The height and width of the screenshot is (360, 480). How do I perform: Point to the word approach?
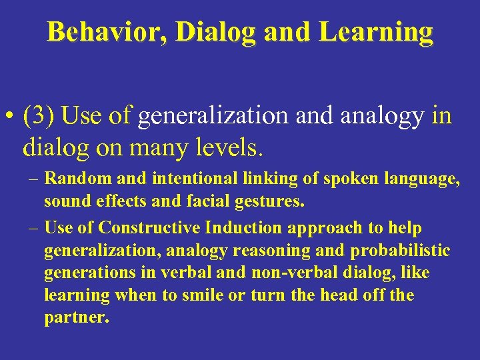(x=319, y=227)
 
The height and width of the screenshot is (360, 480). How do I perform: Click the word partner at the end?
(x=75, y=317)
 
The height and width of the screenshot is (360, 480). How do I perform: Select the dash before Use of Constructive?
(x=33, y=227)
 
